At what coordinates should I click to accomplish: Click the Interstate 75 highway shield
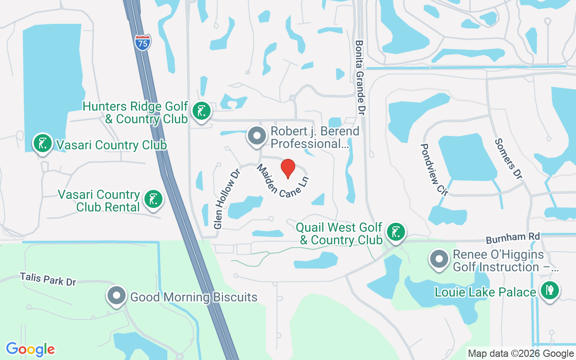click(143, 42)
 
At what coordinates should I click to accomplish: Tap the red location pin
click(288, 168)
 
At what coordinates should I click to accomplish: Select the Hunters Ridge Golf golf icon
click(202, 111)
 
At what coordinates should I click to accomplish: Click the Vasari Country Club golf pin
click(43, 144)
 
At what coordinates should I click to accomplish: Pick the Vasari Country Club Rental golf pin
click(153, 199)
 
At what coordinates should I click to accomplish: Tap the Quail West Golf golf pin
click(396, 233)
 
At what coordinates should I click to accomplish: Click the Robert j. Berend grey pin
click(257, 136)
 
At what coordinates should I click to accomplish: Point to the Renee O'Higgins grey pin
click(439, 259)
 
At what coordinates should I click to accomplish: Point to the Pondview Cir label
click(434, 169)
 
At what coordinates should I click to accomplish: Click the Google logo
click(30, 349)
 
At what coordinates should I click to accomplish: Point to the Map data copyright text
click(521, 354)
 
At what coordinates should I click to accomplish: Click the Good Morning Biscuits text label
click(193, 297)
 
